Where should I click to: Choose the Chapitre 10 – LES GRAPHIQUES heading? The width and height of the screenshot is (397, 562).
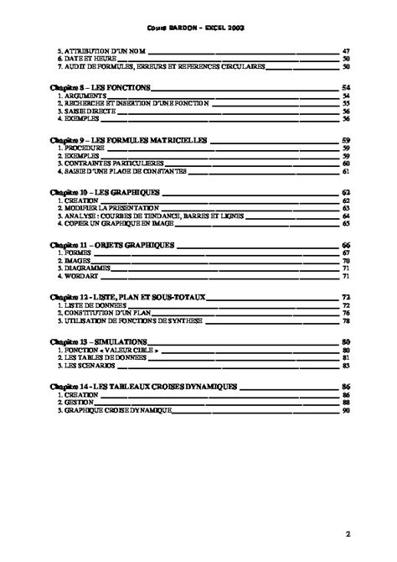point(105,192)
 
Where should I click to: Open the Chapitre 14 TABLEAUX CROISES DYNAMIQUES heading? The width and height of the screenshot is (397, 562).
point(143,387)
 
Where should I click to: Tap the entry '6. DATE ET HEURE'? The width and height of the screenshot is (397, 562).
point(85,58)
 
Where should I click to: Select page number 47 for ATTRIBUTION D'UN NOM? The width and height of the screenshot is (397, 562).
point(346,50)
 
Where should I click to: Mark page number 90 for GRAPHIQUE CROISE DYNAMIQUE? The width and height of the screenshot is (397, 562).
point(346,410)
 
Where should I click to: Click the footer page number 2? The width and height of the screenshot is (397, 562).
point(346,532)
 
